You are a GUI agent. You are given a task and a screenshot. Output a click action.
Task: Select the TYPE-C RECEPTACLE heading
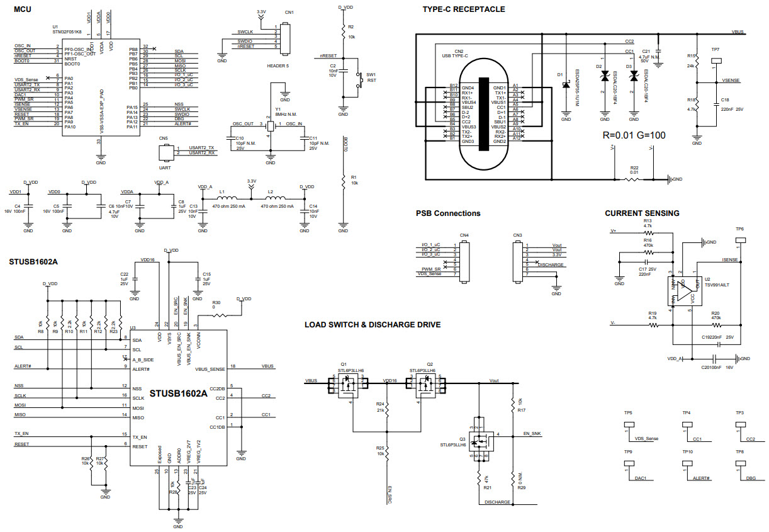click(463, 9)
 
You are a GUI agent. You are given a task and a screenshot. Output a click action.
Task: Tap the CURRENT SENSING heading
click(642, 213)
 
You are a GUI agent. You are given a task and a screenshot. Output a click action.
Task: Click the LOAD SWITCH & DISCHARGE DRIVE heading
click(373, 325)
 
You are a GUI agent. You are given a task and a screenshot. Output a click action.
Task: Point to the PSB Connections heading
click(447, 213)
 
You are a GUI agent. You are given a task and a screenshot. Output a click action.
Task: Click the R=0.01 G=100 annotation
click(634, 135)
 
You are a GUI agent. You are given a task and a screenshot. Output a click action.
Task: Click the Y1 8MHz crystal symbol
click(270, 124)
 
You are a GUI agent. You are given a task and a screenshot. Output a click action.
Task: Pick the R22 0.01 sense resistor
click(634, 179)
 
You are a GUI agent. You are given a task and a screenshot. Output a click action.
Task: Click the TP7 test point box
click(716, 61)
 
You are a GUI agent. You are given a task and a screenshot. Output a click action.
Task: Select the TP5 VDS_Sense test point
click(627, 425)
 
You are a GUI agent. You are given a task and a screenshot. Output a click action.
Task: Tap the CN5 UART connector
click(166, 151)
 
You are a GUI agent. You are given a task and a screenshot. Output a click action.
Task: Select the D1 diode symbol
click(566, 85)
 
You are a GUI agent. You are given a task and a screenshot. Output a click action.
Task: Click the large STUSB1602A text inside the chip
click(178, 393)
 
